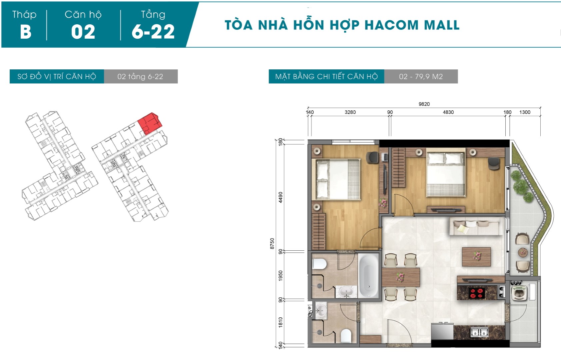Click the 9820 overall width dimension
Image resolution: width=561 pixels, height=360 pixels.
424,104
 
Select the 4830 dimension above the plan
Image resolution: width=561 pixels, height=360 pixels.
448,112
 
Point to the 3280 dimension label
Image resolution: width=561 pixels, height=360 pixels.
350,112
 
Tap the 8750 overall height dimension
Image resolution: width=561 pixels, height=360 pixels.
272,244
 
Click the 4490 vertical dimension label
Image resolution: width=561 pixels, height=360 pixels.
280,197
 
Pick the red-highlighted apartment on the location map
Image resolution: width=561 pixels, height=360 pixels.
150,124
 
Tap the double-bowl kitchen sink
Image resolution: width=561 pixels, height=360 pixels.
479,332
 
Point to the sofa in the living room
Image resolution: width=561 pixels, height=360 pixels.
476,226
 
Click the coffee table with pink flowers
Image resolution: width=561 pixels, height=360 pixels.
476,257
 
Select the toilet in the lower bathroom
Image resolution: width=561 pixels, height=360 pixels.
346,336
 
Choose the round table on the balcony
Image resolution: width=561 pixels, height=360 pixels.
523,252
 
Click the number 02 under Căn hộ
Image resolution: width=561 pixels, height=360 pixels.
83,32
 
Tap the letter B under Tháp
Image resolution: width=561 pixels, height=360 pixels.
26,32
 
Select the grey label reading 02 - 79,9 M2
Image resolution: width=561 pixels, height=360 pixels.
421,76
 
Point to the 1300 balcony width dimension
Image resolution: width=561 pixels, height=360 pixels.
525,112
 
